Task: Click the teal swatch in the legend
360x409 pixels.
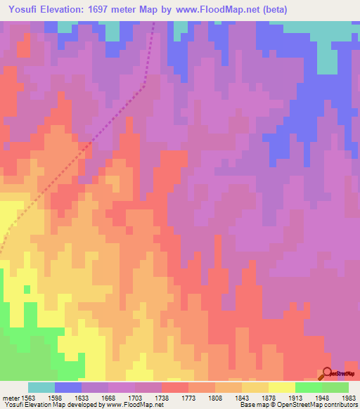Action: coord(41,387)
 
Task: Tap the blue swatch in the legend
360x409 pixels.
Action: coord(68,387)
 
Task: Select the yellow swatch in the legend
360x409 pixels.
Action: coord(282,387)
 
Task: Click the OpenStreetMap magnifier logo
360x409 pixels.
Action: coord(327,373)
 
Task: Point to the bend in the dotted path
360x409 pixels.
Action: coord(144,86)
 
